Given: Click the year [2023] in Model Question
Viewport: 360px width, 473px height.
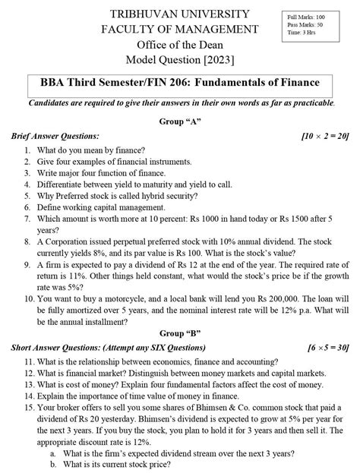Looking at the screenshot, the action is point(213,60).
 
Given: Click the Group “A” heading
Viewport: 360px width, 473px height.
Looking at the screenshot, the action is point(180,121).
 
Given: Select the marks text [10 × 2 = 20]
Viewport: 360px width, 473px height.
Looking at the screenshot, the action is point(324,135).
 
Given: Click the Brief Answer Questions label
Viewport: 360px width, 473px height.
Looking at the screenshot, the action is point(55,135).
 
